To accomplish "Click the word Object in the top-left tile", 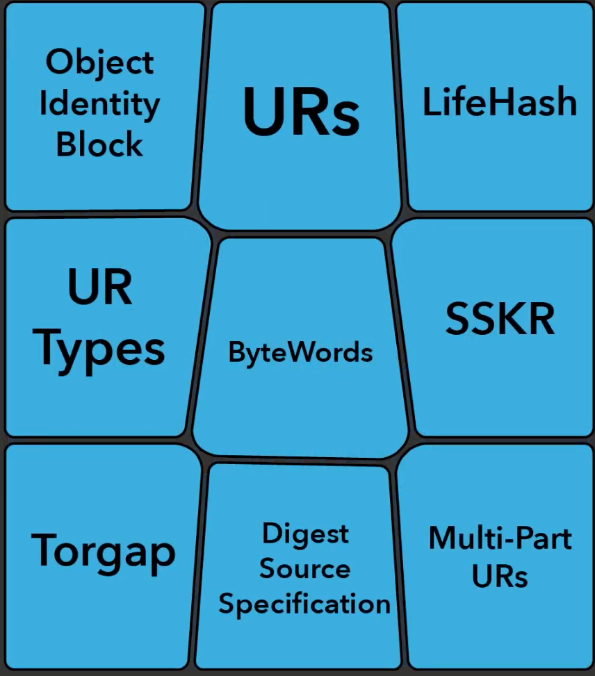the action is tap(99, 63).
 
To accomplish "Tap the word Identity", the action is tap(99, 104).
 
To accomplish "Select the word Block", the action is tap(99, 145).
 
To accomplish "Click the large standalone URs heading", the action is tap(301, 111).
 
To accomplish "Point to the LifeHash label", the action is tap(500, 102).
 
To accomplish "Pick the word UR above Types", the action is tap(100, 287).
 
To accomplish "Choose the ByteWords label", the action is tap(300, 353).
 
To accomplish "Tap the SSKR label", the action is tap(500, 319).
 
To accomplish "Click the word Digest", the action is tap(305, 534).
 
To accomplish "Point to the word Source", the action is tap(304, 569).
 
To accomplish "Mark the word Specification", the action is tap(304, 604).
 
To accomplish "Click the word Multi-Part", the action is tap(500, 538).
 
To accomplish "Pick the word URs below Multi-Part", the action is tap(500, 576).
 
